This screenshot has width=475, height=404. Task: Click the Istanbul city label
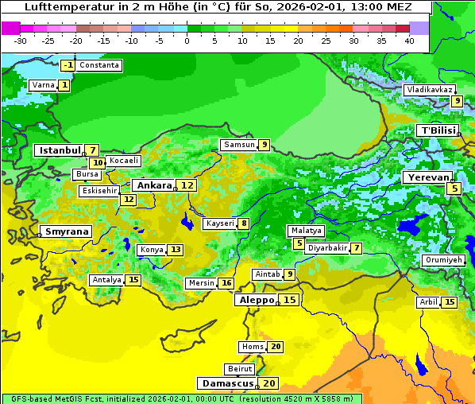(x=60, y=150)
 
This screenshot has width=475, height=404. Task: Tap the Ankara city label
(x=154, y=185)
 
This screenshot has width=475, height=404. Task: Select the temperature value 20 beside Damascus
(x=269, y=383)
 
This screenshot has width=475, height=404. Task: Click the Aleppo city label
(x=256, y=300)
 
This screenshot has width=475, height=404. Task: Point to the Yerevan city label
(x=427, y=177)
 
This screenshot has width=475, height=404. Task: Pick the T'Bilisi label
(x=438, y=130)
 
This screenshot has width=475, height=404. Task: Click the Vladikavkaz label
(x=429, y=90)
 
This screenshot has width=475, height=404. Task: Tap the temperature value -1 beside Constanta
(x=68, y=65)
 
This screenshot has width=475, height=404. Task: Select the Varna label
(x=42, y=85)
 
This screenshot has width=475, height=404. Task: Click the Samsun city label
(x=238, y=145)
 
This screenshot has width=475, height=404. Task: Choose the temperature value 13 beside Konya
(x=176, y=250)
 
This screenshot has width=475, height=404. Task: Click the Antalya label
(x=106, y=280)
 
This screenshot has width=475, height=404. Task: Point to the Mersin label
(x=201, y=283)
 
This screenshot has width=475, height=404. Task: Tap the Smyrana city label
(x=67, y=232)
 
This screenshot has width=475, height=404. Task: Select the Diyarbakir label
(x=326, y=248)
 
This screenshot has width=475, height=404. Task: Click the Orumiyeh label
(x=442, y=260)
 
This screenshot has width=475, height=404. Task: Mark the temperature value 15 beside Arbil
(x=450, y=302)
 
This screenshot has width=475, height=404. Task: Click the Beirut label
(x=240, y=369)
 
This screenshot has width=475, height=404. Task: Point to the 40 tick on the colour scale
(x=409, y=41)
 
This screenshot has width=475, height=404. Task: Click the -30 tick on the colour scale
(x=21, y=41)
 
